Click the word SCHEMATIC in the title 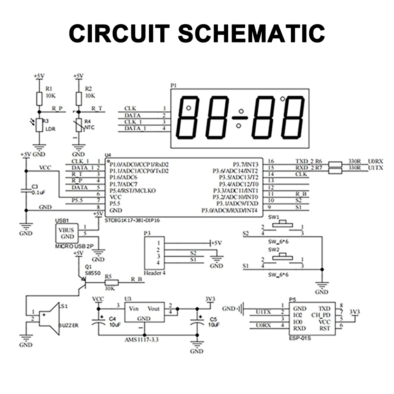251,33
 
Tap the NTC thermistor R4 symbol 79,125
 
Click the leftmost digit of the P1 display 188,118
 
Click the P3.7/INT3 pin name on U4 246,164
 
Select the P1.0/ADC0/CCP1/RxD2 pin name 139,164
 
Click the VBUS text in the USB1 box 66,230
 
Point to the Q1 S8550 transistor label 92,270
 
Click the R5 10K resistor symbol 111,283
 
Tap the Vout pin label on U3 153,309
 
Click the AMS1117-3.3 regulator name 142,340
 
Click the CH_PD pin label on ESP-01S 320,315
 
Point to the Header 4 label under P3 154,273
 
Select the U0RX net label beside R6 375,161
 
